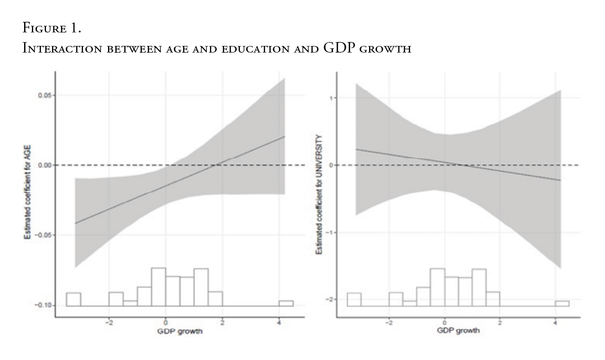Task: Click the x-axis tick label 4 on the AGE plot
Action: pyautogui.click(x=279, y=322)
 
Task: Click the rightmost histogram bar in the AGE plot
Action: pyautogui.click(x=286, y=303)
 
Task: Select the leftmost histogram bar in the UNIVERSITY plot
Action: pyautogui.click(x=354, y=300)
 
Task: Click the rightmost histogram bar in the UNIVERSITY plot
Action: pyautogui.click(x=562, y=303)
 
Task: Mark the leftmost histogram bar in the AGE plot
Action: pyautogui.click(x=73, y=300)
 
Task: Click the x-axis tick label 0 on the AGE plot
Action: pyautogui.click(x=166, y=322)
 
